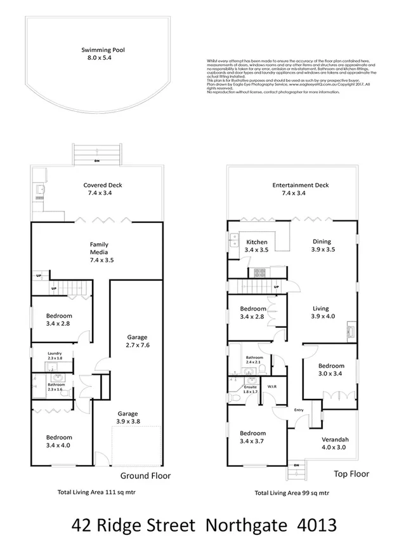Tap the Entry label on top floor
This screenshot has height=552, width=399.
pyautogui.click(x=299, y=410)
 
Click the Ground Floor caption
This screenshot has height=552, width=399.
pyautogui.click(x=145, y=475)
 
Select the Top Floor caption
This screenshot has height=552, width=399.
pyautogui.click(x=351, y=474)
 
